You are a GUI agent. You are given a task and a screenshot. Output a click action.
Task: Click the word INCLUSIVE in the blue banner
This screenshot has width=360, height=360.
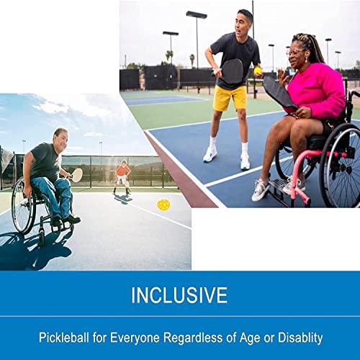[180, 295]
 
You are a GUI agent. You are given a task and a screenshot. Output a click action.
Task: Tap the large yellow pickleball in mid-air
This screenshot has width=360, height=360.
[163, 204]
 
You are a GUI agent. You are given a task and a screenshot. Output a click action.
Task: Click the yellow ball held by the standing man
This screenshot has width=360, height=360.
[258, 70]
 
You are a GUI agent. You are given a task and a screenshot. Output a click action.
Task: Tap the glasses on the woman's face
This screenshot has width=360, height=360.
[294, 51]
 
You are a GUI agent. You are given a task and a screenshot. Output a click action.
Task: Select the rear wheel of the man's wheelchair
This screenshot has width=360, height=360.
[22, 207]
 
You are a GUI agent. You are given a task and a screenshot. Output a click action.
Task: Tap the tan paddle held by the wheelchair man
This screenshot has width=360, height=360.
[76, 174]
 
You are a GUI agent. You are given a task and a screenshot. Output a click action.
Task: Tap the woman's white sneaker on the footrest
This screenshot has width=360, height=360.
[261, 189]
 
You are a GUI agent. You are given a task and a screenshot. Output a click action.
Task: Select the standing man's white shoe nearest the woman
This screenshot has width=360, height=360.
[245, 162]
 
